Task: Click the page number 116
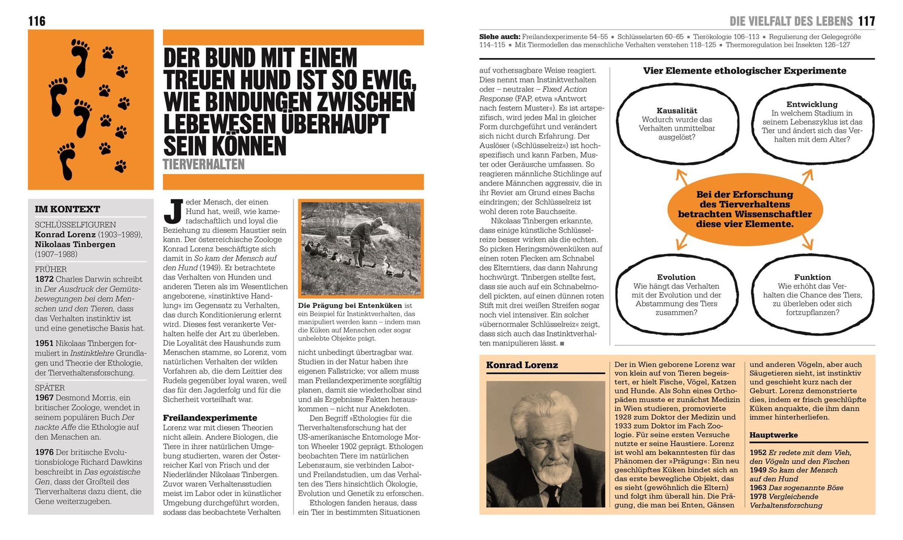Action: (37, 21)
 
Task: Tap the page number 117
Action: (867, 21)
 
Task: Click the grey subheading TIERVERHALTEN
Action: (204, 165)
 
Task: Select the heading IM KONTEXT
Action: (67, 209)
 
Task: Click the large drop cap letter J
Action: (173, 212)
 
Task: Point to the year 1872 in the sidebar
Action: (44, 279)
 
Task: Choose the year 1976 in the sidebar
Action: (44, 452)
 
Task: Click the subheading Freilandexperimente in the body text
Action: (210, 418)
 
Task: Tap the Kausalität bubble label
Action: (677, 111)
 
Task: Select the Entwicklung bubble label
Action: (812, 104)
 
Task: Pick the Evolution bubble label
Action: (676, 277)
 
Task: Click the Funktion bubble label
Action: (812, 277)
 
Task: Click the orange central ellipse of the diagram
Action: (745, 209)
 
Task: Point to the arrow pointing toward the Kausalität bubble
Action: (681, 177)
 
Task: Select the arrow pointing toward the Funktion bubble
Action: (806, 242)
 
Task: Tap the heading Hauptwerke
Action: (773, 435)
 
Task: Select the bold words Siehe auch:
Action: (500, 37)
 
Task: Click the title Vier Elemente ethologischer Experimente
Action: (744, 71)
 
